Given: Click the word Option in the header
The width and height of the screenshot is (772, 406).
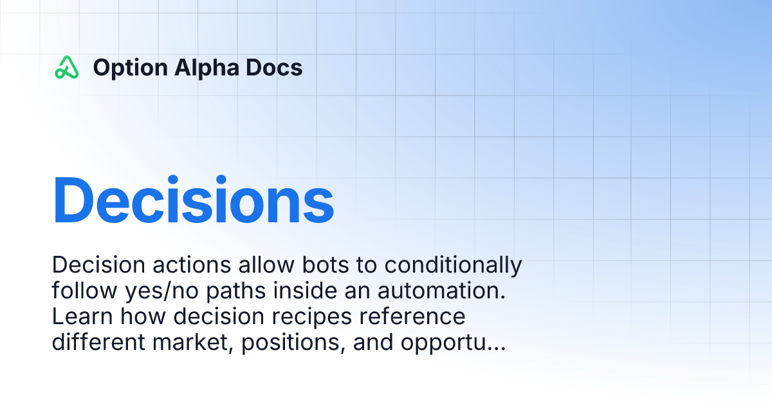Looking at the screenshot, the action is coord(130,68).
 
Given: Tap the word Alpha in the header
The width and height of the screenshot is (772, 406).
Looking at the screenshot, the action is coord(207,68).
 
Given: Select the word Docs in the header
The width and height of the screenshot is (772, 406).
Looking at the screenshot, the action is coord(274,67).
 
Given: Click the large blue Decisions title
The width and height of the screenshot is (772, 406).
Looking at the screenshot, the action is coord(194,200).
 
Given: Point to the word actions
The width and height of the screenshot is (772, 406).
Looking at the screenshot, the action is coord(192,266).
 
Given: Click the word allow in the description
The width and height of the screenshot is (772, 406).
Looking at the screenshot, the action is coord(266,265).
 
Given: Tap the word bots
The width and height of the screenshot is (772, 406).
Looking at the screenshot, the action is coord(326,265).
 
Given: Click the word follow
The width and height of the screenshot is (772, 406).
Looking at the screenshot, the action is coord(84,291).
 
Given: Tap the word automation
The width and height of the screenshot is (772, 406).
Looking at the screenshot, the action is coord(441,291).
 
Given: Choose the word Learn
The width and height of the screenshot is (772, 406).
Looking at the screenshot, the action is coord(82,316).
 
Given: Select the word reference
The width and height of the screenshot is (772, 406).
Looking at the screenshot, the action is coord(412,317).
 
